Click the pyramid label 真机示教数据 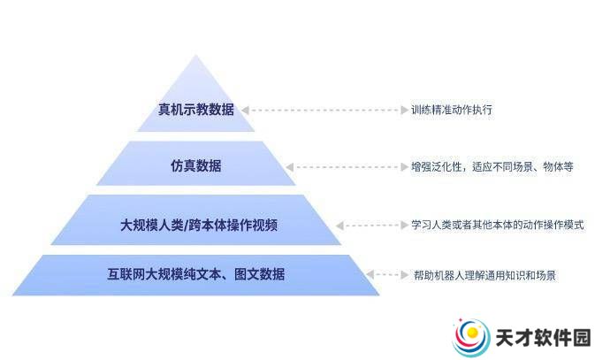(196, 110)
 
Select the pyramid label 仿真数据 (196, 165)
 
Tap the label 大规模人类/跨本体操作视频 (199, 225)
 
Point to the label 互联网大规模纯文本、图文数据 (196, 274)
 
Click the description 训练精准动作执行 (452, 110)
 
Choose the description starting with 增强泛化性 (492, 167)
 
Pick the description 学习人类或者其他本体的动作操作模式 (498, 225)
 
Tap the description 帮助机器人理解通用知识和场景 (484, 275)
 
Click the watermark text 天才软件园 (543, 337)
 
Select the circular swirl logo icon (470, 337)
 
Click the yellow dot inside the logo (472, 333)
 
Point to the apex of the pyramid (195, 55)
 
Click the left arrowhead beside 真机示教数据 (245, 111)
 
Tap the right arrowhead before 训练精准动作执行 (405, 111)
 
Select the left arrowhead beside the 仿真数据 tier (289, 167)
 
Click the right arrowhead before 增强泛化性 (405, 167)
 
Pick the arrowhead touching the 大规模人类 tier (339, 226)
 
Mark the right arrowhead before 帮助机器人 (405, 275)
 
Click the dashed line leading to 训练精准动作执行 (324, 111)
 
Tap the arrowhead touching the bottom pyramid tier (370, 275)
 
